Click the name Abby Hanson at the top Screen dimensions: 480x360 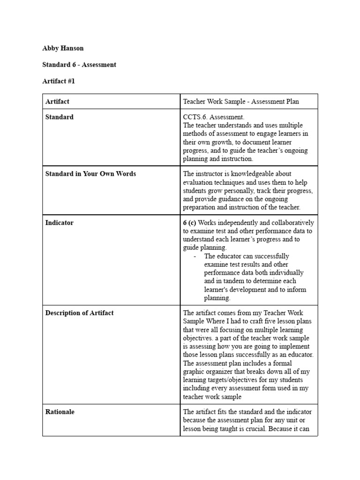point(63,48)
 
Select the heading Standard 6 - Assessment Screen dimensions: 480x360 point(79,65)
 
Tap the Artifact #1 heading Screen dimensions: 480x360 point(59,81)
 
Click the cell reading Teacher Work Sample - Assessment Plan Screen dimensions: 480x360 point(241,101)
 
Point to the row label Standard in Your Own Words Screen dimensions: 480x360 point(90,174)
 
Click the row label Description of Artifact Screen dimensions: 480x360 point(79,313)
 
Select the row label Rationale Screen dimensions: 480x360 point(60,412)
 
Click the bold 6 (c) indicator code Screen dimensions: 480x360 point(189,223)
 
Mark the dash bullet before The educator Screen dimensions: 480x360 point(195,256)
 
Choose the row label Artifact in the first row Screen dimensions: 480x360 point(57,101)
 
